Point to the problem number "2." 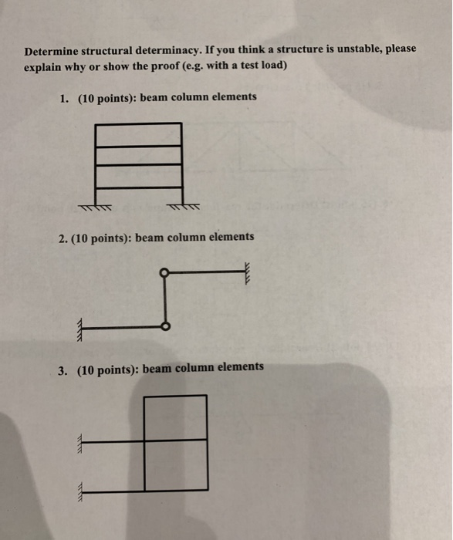coord(63,238)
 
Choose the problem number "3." coord(63,370)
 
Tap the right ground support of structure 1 coord(183,207)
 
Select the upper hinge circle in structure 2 coord(163,273)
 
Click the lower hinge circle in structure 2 coord(164,326)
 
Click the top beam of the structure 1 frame coord(139,124)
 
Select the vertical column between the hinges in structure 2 coord(164,300)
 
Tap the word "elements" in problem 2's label coord(230,237)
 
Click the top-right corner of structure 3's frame coord(207,396)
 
